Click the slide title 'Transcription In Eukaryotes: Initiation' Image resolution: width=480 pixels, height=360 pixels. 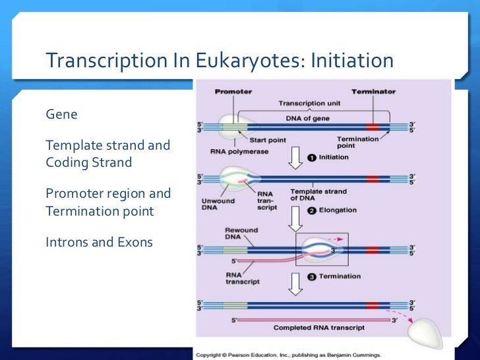point(219,61)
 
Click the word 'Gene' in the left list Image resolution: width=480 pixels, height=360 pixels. point(61,114)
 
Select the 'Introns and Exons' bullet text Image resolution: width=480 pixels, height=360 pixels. point(99,242)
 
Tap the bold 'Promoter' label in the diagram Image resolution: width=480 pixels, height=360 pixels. point(233,92)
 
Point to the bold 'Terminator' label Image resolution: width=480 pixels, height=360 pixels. point(373,92)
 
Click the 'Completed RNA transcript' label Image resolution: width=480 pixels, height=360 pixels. point(318,328)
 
